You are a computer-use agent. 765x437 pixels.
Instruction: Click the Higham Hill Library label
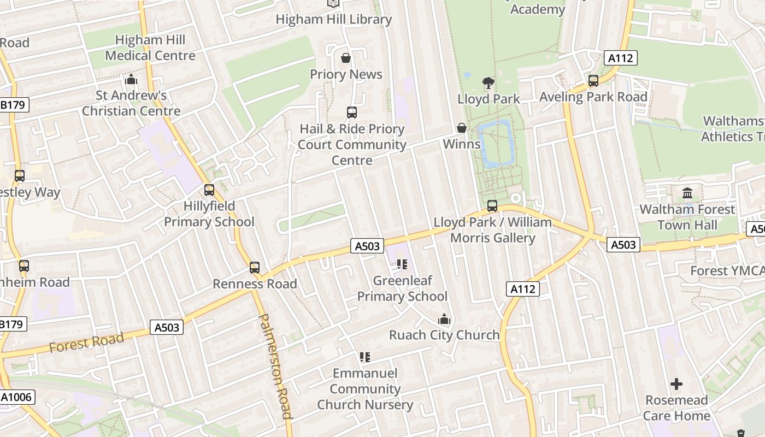tap(333, 20)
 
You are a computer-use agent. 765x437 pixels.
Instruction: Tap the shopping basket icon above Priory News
tap(346, 58)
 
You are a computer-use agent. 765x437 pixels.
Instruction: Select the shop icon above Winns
tap(462, 128)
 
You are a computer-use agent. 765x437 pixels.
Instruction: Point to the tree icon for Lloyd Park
tap(489, 83)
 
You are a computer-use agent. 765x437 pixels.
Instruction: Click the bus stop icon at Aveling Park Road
tap(593, 81)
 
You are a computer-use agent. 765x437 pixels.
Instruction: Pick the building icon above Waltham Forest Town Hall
tap(687, 193)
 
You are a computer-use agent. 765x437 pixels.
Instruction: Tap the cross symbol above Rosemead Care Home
tap(676, 384)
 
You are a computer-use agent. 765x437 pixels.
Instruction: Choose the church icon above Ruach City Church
tap(444, 319)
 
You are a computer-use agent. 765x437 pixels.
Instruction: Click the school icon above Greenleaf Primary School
tap(402, 264)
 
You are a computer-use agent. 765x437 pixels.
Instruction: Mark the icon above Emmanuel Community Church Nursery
tap(365, 357)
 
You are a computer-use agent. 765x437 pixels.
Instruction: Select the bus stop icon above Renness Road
tap(255, 268)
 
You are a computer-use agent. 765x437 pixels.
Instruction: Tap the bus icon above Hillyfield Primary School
tap(209, 190)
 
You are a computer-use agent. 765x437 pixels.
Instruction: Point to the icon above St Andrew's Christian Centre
tap(131, 80)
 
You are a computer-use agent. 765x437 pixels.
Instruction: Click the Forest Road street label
tap(86, 342)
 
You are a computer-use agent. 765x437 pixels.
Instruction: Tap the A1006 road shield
tap(17, 397)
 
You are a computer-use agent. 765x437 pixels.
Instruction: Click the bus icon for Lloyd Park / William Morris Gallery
tap(492, 206)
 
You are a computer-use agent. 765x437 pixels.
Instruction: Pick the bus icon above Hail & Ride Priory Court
tap(352, 113)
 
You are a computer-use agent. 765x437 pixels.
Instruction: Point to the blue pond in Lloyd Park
tap(496, 143)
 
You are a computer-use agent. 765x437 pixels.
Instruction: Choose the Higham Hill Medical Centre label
tap(150, 48)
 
